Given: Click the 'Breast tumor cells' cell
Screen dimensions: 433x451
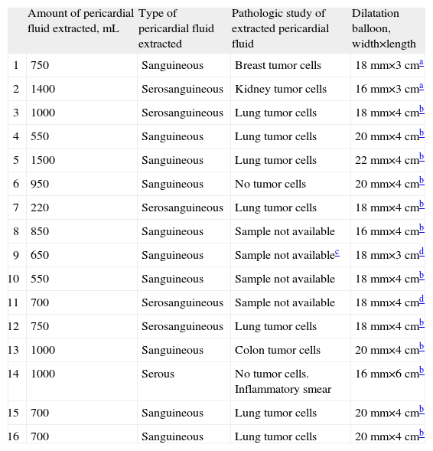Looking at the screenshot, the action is (278, 66).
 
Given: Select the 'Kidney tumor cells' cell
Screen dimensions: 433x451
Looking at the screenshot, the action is (281, 90).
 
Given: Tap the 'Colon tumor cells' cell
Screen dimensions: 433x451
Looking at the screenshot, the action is (278, 351).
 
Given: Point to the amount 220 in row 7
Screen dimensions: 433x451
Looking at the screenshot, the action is (40, 208).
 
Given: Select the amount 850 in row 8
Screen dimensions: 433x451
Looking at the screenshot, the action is (40, 232).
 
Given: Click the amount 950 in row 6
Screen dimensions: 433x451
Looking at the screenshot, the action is (40, 185).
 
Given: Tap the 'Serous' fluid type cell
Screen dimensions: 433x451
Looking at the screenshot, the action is (158, 374).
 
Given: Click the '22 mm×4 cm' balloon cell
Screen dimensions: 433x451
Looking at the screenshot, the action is (386, 161).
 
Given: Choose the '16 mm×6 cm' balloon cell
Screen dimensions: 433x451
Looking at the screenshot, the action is (386, 374).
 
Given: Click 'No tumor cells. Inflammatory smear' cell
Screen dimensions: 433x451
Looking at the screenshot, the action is (283, 381).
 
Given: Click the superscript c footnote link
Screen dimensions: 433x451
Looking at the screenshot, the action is (337, 253).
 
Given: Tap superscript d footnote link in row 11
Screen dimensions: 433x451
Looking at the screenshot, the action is (422, 301).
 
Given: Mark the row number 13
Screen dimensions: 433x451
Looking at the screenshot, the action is (15, 351).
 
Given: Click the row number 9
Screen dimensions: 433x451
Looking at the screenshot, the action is (16, 256).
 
